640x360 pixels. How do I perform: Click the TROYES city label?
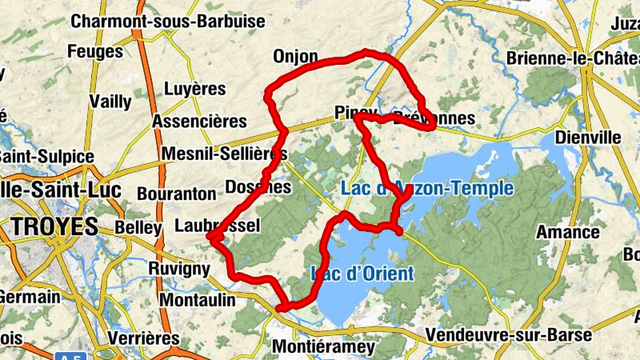tap(55, 226)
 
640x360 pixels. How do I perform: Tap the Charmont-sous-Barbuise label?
tap(168, 22)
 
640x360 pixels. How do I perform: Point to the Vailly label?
tap(110, 101)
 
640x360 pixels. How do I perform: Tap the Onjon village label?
tap(295, 57)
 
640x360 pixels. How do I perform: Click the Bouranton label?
tap(177, 194)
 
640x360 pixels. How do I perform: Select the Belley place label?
tap(138, 227)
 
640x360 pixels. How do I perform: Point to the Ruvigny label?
tap(180, 269)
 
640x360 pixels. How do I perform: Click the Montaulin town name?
tap(198, 300)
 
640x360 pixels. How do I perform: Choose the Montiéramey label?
tap(323, 347)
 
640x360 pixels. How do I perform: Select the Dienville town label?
tap(588, 138)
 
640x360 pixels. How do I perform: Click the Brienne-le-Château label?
tap(574, 58)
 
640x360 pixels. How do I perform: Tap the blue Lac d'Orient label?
tap(362, 274)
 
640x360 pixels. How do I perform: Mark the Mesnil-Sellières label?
tap(224, 154)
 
